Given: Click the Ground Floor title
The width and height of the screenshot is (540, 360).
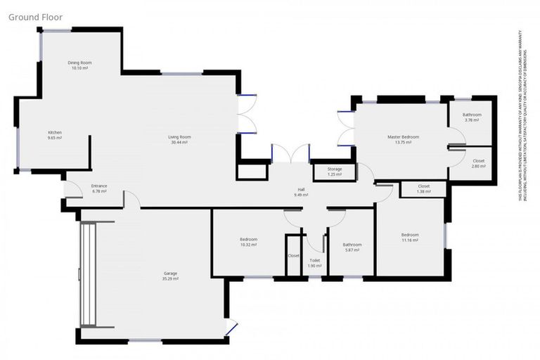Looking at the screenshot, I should coord(34,16).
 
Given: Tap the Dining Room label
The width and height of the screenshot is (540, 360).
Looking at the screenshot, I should coord(79,63).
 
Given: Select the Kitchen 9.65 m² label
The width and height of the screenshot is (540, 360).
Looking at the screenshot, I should coord(55,135).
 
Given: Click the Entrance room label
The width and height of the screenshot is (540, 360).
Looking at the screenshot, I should coord(98,186).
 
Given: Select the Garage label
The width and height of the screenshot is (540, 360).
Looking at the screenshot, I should coord(170,273).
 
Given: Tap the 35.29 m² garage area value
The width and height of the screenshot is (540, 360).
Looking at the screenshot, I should coord(170,278).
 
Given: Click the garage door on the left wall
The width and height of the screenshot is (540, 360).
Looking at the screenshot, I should coord(88,274).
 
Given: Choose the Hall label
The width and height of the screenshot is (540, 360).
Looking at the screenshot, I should coord(301,189).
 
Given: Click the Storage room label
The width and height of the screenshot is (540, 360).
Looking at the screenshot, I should coord(335,169).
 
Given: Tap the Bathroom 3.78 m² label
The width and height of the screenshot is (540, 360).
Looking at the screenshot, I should coord(472,117).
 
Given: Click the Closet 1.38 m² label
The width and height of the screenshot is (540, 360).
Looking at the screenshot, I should coord(423,188).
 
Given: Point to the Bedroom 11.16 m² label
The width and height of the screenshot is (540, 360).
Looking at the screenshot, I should coord(410,237).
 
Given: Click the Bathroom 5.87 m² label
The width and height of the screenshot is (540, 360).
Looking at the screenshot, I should coord(352,247).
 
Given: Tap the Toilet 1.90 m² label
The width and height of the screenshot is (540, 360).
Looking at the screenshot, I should coord(314,262).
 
